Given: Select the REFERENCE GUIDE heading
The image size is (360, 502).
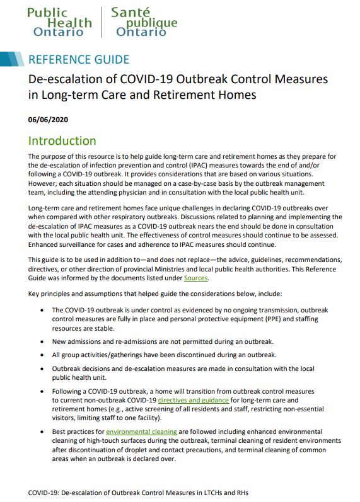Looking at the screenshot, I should click(79, 60).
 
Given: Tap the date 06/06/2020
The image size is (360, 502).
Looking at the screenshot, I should click(49, 118).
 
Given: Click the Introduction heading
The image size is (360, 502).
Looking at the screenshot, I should click(62, 141).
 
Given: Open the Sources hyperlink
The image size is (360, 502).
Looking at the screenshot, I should click(195, 278).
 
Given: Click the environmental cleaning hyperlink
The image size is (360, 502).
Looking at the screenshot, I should click(141, 432).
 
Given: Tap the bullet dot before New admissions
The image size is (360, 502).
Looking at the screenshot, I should click(42, 341).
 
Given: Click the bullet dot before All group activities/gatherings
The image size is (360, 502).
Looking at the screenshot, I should click(42, 355).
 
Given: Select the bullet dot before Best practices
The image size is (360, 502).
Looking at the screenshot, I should click(42, 432).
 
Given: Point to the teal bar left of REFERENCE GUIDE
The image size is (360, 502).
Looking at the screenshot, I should click(13, 60).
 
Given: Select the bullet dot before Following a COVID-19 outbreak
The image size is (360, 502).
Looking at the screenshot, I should click(42, 391).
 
